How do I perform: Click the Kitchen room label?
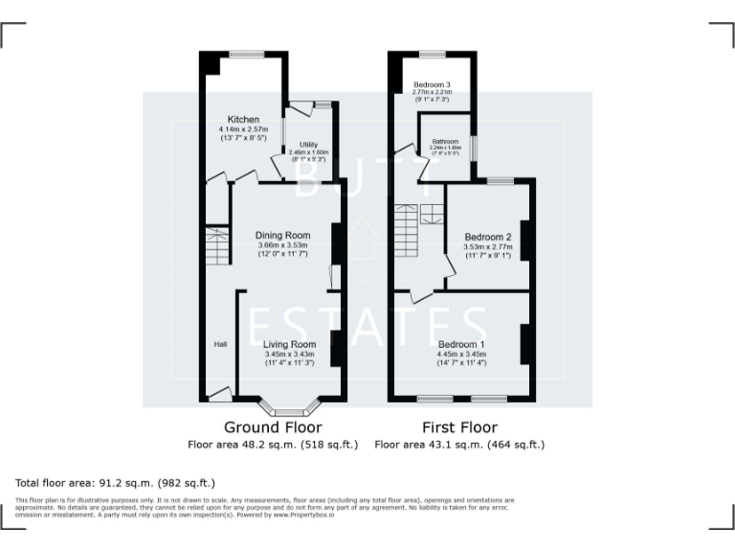pos(243,119)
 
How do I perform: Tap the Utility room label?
pos(308,144)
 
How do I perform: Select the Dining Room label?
pos(283,235)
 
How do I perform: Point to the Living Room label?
pos(289,344)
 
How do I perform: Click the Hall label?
pos(220,344)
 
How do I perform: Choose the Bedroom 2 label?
pos(488,237)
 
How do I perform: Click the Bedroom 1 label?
pos(461,344)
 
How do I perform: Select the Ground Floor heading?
pos(273,427)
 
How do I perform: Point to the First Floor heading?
pos(459,427)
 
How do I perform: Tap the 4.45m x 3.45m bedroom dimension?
pos(461,354)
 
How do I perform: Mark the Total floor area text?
pos(116,483)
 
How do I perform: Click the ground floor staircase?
pos(218,246)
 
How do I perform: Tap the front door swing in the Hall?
pos(219,392)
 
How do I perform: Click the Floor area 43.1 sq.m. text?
pos(459,445)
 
